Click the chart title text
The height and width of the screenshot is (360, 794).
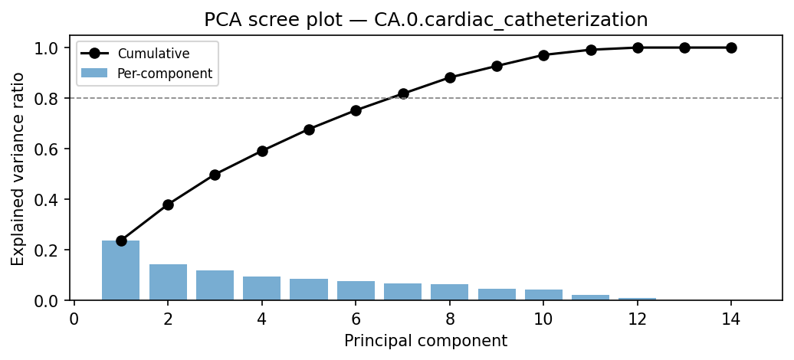point(425,20)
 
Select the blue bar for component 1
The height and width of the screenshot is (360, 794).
point(121,270)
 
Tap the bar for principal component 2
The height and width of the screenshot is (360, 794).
point(168,282)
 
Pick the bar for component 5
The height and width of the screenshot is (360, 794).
point(309,290)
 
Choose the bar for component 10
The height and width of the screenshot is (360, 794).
point(543,295)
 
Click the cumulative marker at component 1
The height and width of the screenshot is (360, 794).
point(121,241)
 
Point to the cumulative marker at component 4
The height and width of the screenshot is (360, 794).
point(262,151)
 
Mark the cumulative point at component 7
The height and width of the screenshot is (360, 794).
point(403,93)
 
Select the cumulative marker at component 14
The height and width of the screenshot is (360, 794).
point(731,47)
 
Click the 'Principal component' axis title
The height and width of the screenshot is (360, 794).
point(425,341)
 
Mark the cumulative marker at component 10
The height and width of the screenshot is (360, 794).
point(543,55)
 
